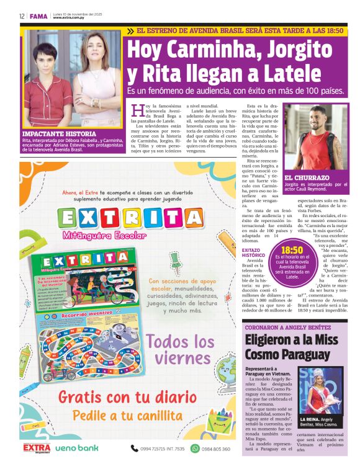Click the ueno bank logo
(x=77, y=448)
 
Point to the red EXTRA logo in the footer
(x=37, y=447)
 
